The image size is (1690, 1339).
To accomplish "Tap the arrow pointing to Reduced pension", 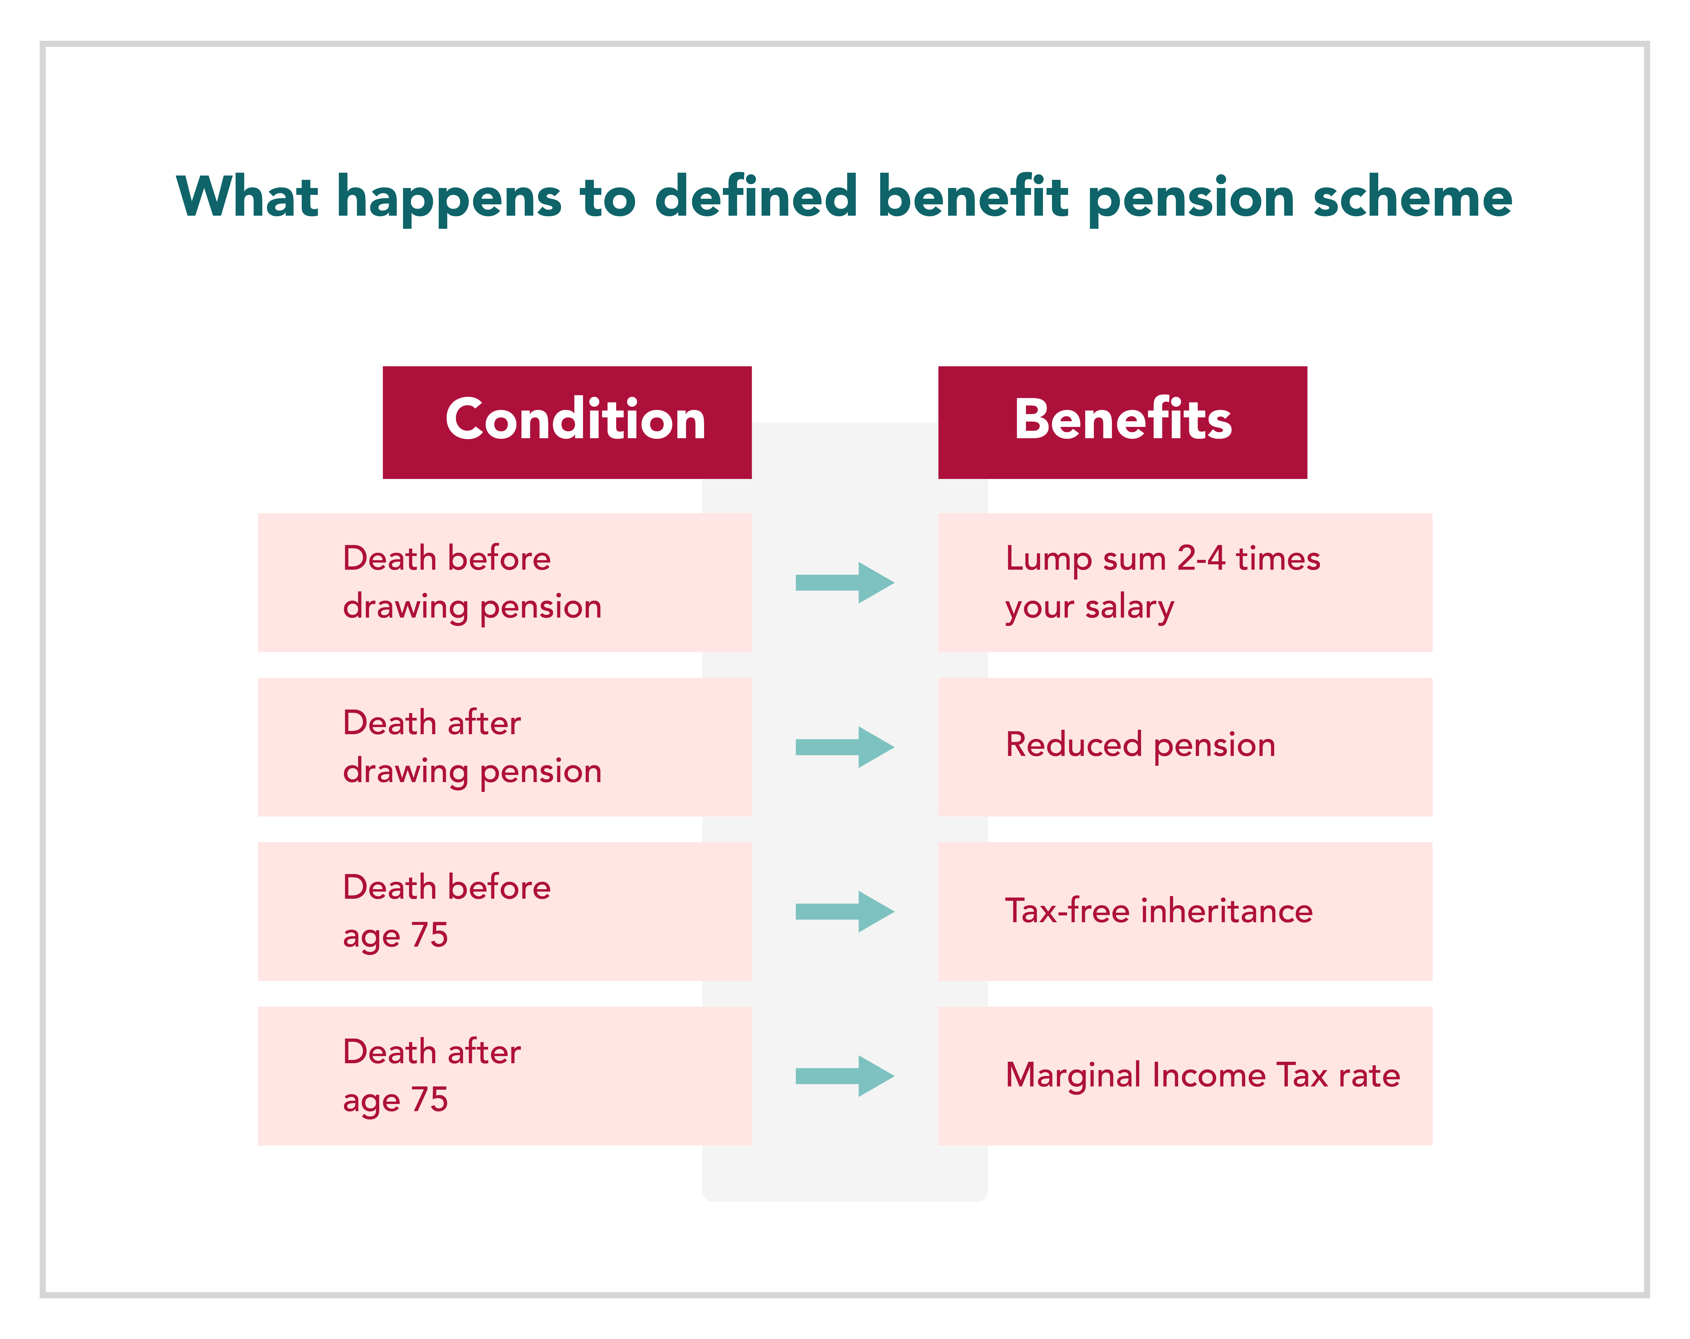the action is point(845,747).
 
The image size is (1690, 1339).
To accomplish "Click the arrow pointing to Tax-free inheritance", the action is point(845,912).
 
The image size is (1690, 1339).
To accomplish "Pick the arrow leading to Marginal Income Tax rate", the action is point(845,1076).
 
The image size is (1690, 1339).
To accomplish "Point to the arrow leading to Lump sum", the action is point(845,582).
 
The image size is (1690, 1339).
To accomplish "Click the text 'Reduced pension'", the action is point(1141,745).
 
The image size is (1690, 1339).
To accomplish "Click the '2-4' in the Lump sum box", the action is point(1201,558).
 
